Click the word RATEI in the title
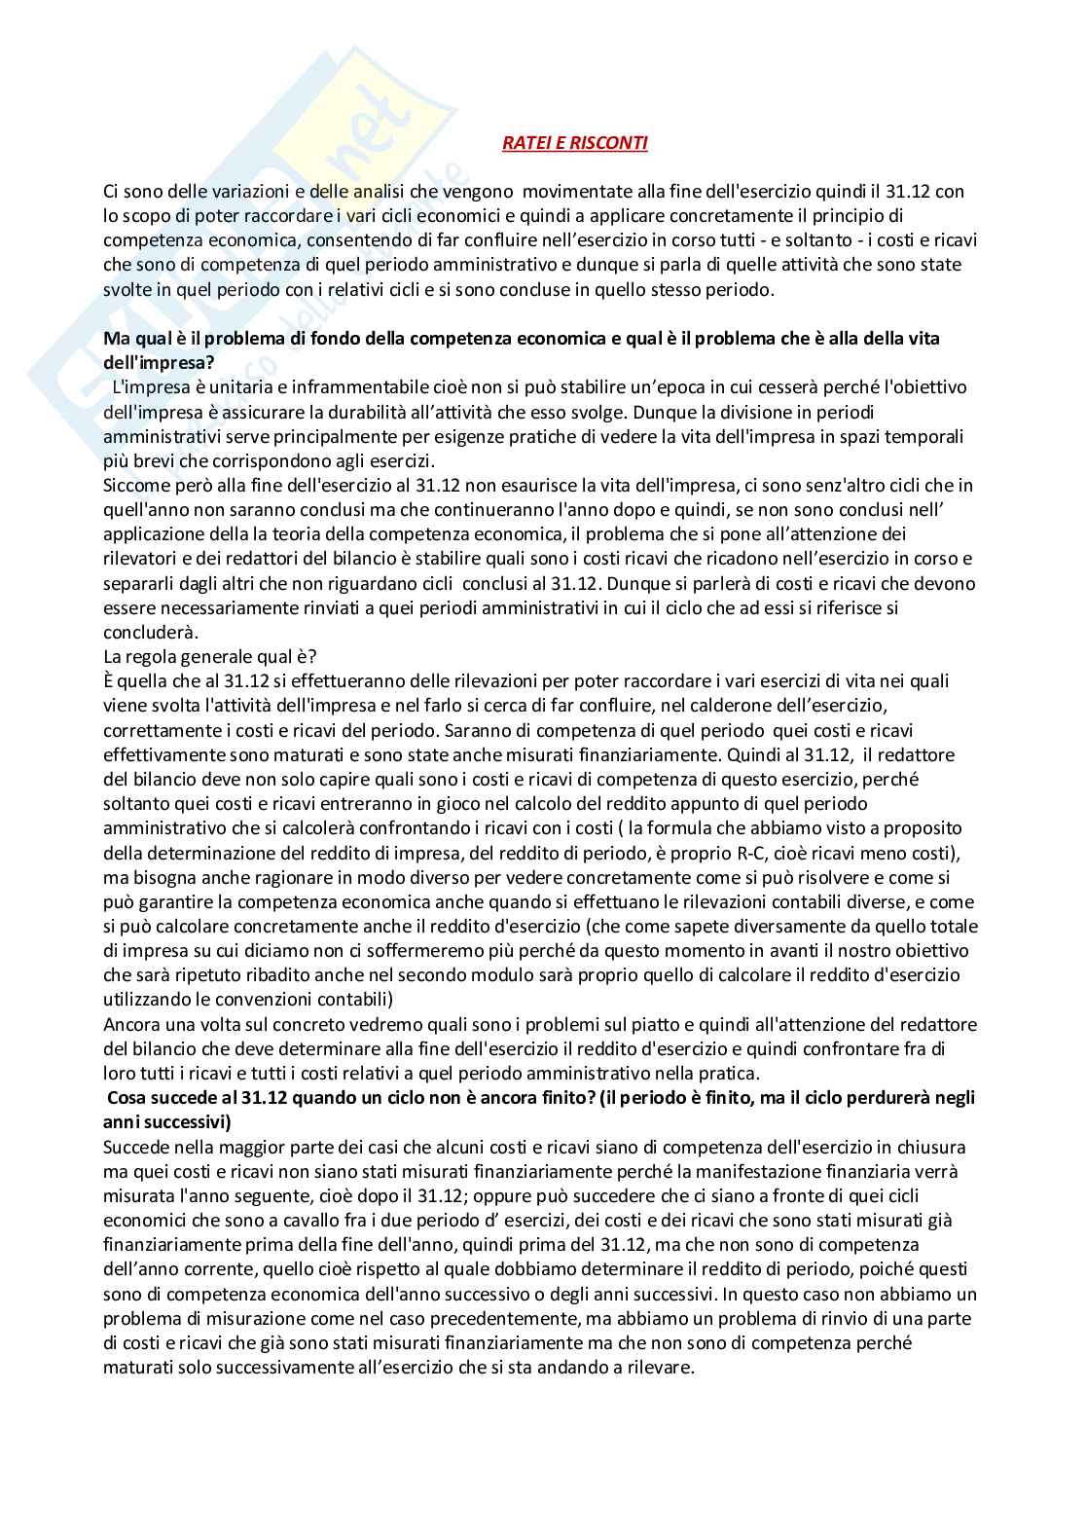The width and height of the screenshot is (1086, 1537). click(x=526, y=143)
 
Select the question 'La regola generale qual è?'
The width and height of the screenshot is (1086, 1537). click(x=210, y=656)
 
